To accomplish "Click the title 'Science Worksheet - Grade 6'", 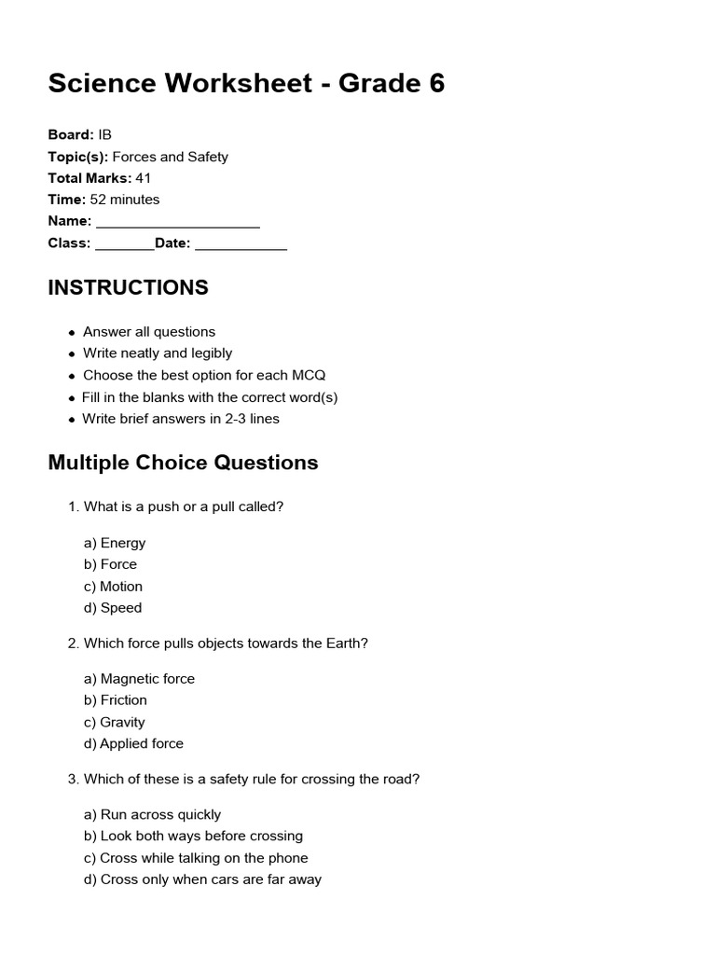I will [x=246, y=84].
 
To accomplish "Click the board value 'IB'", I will [x=104, y=135].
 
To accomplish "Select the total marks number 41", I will [x=143, y=178].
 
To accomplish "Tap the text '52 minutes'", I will [x=124, y=200].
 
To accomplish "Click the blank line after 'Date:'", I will [x=241, y=245].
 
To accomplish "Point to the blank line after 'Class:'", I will [x=124, y=245].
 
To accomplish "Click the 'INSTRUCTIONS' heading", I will [x=128, y=287].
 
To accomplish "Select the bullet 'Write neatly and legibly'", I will [x=158, y=353].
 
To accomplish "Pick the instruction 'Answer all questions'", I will [x=149, y=332].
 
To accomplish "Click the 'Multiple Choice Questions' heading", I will [x=183, y=463].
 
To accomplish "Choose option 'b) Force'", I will [x=110, y=564].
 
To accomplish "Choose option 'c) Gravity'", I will [x=115, y=722].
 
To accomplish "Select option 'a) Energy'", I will [x=115, y=543].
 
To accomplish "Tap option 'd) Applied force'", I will [x=133, y=743].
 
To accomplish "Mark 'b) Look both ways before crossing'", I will [x=193, y=837].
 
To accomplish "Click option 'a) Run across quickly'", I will [x=152, y=814].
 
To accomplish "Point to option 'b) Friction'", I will [x=116, y=700].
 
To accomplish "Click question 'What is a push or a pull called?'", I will [x=183, y=506].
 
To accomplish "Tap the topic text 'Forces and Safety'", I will [x=170, y=157].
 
